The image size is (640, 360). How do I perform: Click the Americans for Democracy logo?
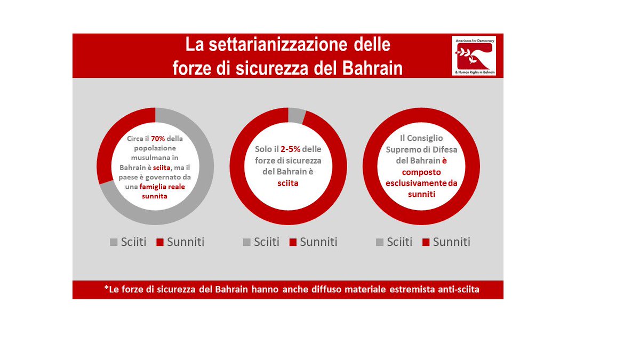coord(474,55)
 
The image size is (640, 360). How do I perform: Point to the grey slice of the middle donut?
coord(297,115)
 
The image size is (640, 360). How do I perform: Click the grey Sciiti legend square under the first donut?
coord(114,242)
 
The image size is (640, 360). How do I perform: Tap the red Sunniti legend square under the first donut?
coord(160,242)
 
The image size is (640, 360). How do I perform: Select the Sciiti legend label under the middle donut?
coord(267,242)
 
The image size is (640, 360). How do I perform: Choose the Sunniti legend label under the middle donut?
coord(318,242)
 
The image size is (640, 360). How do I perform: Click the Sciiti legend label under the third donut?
coord(399,242)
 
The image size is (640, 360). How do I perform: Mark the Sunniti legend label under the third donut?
coord(451,242)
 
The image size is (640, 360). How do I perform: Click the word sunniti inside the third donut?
coord(421,194)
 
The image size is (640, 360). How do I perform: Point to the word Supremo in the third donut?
coord(408,150)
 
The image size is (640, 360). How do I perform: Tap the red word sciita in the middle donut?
coord(287,183)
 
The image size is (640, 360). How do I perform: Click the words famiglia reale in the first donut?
coord(163,187)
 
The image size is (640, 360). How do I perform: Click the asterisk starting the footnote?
coord(107,289)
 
